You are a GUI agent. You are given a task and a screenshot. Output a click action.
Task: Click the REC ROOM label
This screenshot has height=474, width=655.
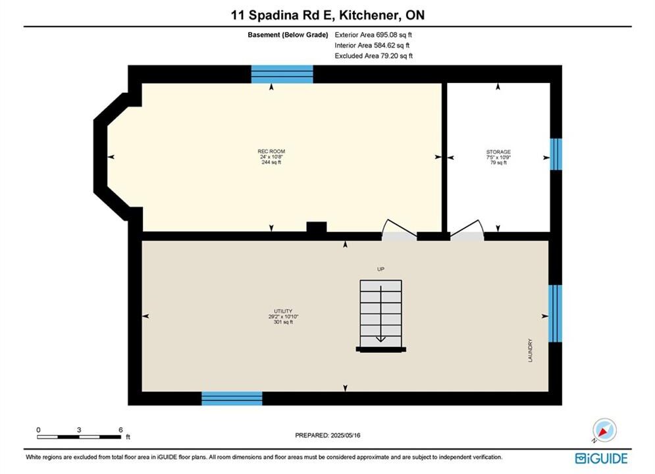pos(271,151)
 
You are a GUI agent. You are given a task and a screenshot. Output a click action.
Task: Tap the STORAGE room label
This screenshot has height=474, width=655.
pos(498,152)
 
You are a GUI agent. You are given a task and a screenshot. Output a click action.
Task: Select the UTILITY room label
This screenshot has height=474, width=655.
pos(283,311)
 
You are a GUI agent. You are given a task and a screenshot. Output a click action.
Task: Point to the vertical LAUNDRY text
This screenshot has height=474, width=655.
pos(530,350)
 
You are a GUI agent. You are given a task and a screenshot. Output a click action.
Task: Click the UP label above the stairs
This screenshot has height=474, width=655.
pos(380,269)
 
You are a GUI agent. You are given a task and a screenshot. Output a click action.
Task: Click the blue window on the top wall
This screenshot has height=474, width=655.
pos(282,74)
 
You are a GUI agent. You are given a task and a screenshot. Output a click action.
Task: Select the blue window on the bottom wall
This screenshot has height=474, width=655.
pos(232,398)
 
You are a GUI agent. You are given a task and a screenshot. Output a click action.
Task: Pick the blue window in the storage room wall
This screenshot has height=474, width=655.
pos(556,154)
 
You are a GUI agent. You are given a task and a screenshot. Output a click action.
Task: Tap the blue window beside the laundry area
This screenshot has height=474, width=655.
pos(555,313)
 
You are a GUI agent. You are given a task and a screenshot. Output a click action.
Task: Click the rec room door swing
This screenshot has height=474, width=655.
pos(400,229)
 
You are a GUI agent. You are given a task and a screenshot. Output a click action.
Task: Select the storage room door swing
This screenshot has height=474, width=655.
pos(467,229)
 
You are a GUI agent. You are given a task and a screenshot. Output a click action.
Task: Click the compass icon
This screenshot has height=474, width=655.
pos(604,430)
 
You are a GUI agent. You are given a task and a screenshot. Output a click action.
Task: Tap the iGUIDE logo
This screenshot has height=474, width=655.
pos(601,458)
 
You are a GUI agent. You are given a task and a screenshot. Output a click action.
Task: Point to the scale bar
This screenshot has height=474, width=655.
pos(79,437)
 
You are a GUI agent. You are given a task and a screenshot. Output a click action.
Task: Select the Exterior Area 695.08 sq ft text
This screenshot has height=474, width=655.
pos(373,35)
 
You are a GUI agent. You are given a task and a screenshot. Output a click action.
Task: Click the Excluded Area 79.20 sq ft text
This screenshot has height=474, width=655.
pos(373,55)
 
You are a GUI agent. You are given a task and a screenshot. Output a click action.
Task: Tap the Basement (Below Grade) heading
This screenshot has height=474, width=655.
pos(288,35)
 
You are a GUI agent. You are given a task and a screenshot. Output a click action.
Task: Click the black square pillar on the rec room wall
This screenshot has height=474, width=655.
pos(317,226)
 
